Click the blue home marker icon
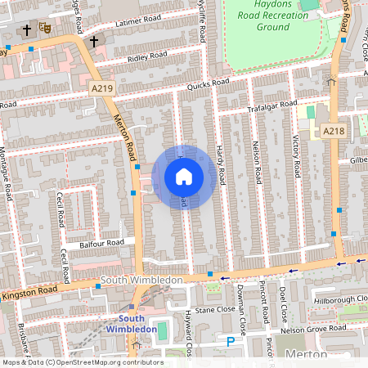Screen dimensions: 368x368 184,177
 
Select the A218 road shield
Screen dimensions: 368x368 333,131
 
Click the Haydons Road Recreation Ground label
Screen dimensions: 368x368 267,16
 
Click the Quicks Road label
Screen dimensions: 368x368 208,83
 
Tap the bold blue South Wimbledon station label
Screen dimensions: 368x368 137,323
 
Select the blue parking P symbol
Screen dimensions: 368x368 231,341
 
